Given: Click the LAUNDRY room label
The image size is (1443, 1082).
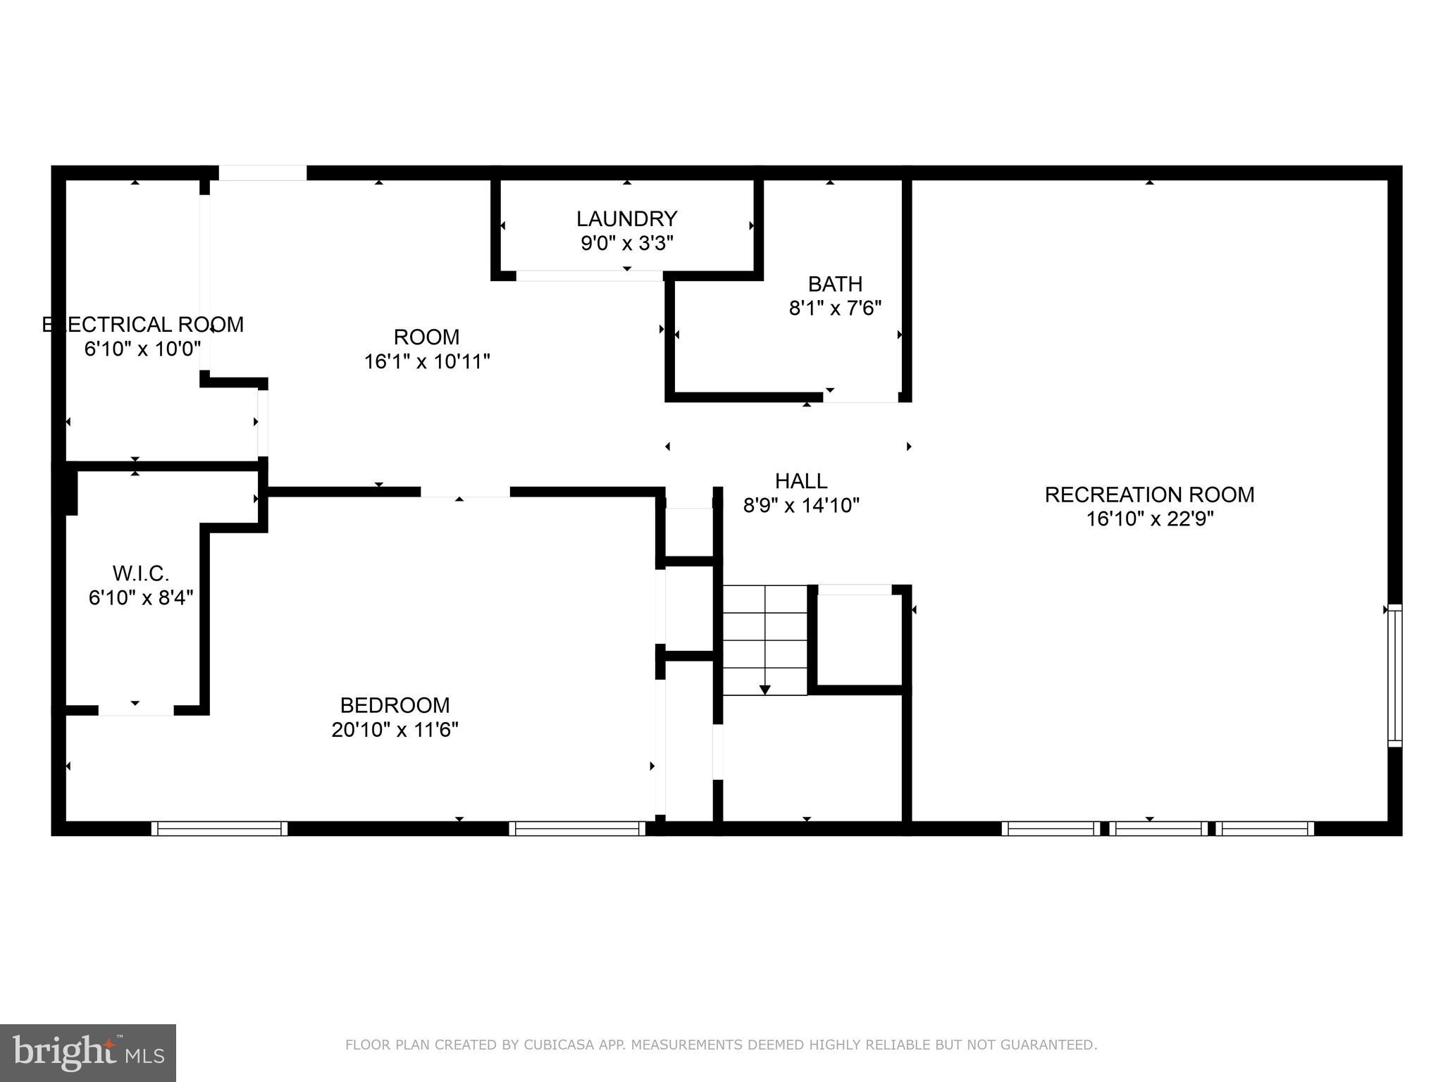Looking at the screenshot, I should (x=626, y=218).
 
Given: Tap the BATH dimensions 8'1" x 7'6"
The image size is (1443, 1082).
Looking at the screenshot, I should (x=835, y=308).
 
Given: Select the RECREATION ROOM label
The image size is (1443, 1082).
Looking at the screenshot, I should (x=1149, y=495).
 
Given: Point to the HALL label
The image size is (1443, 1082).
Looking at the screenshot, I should (x=801, y=481).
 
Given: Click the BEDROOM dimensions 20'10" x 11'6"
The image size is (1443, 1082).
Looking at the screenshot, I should (x=395, y=730).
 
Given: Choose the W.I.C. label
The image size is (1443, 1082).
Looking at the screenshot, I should (x=141, y=573).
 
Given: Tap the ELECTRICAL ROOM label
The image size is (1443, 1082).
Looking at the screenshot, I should (x=143, y=325).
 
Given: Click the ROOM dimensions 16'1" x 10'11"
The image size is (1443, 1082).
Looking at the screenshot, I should (x=427, y=361).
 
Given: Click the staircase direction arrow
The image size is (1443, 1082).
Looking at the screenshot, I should (x=765, y=688).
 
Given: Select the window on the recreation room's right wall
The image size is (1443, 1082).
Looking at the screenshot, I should (x=1394, y=675).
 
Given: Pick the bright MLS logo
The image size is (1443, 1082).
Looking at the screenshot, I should (x=88, y=1052).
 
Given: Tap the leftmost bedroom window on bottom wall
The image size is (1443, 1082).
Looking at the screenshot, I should (x=219, y=828).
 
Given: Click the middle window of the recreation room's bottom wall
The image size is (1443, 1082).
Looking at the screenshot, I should (x=1158, y=828).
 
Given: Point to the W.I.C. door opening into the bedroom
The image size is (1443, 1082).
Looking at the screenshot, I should (x=136, y=710).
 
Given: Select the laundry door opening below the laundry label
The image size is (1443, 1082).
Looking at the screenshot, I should (x=589, y=275).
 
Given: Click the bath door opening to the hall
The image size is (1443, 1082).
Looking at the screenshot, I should (x=861, y=397).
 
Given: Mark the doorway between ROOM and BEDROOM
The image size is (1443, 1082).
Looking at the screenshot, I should (x=465, y=492).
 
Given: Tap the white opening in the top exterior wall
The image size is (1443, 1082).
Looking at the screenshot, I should (x=262, y=173).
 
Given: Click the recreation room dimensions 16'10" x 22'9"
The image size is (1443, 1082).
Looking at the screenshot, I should (x=1149, y=519).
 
